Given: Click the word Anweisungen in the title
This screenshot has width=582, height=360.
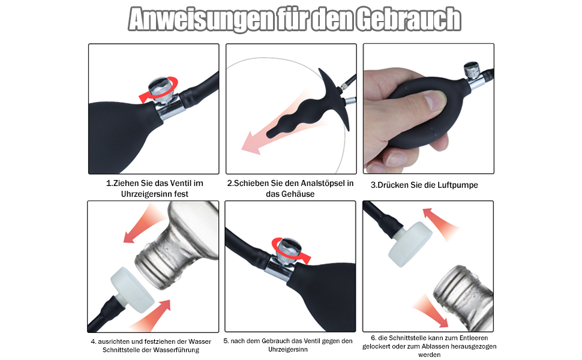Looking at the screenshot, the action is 200,19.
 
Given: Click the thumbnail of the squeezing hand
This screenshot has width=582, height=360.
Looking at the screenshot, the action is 429,109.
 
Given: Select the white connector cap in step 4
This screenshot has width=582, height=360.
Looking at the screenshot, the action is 133,289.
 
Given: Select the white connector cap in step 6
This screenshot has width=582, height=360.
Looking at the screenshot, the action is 410,244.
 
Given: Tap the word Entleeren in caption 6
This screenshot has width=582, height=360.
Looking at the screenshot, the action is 473,338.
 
